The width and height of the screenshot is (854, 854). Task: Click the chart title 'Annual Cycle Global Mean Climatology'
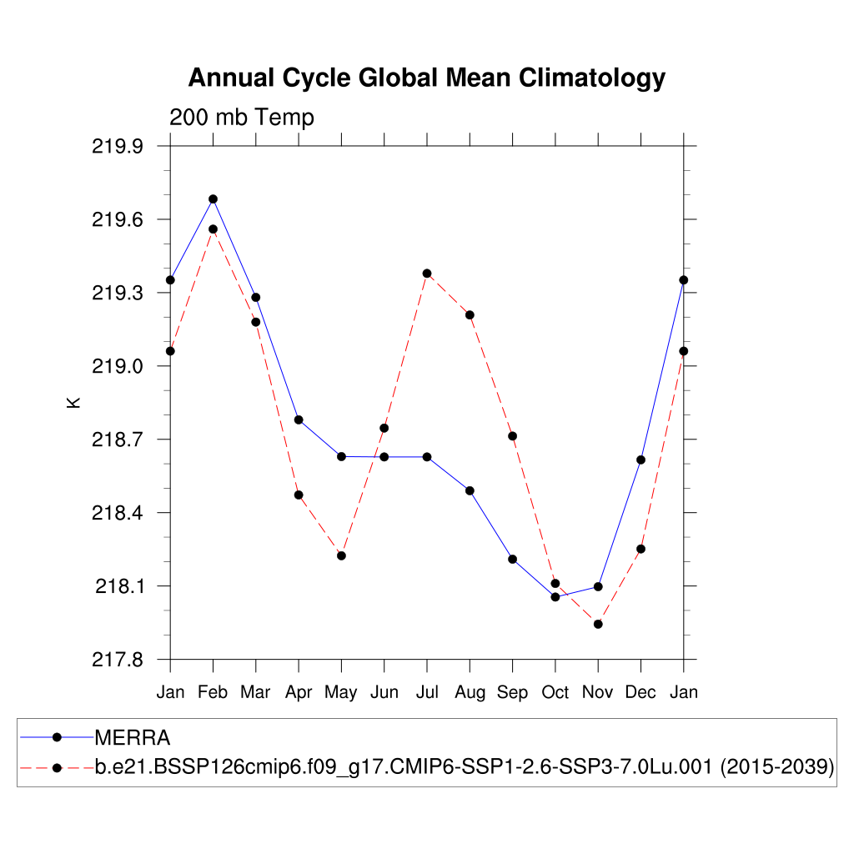(x=426, y=78)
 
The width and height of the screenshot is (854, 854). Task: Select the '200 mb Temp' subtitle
(x=242, y=118)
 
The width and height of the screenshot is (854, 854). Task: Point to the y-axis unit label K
(x=73, y=402)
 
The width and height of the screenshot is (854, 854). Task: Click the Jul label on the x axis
(x=427, y=692)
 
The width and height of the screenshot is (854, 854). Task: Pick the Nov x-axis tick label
(x=597, y=692)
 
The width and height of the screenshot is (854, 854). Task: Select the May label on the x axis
(x=341, y=692)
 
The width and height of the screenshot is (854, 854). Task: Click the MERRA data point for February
(x=213, y=199)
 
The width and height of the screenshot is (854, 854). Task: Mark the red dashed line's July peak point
(x=427, y=274)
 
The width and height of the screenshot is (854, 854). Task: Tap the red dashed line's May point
(x=341, y=555)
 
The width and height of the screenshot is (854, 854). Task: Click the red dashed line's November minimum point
(x=598, y=624)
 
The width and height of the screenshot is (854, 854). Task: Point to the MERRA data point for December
(x=640, y=460)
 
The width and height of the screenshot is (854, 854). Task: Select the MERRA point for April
(x=299, y=419)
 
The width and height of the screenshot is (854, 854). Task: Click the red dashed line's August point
(x=470, y=315)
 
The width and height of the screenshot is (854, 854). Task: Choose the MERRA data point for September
(x=512, y=559)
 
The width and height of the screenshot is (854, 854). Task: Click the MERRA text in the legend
(x=133, y=738)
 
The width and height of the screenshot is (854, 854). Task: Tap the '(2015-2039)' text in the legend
(x=776, y=767)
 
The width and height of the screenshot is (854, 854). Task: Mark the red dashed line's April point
(x=299, y=495)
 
